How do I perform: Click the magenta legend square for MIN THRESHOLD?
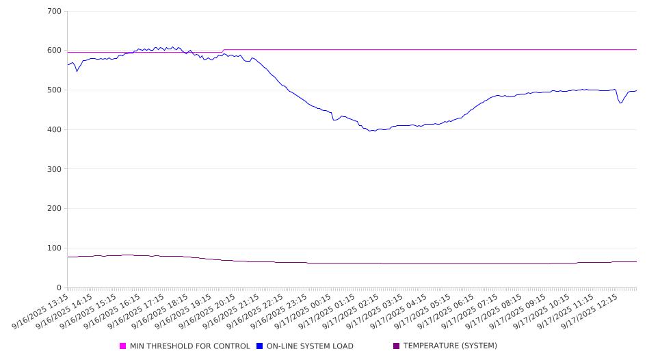[123, 346]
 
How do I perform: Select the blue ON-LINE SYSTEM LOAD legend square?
[260, 346]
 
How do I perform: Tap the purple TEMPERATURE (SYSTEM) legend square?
[397, 346]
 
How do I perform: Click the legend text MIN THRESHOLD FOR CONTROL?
[190, 346]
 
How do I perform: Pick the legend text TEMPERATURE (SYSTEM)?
[450, 346]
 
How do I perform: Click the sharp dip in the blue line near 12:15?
[620, 103]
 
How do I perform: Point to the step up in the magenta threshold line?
[223, 51]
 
